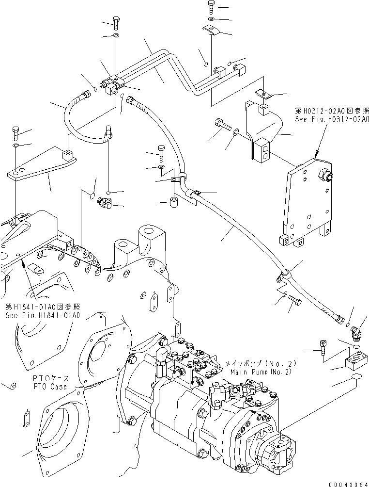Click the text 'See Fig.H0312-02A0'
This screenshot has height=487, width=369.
point(332,118)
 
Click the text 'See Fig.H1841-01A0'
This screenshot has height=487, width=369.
point(43,315)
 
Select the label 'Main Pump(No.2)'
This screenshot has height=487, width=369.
point(261,372)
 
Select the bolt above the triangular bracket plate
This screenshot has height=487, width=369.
point(16,132)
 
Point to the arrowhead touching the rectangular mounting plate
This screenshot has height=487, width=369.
point(315,156)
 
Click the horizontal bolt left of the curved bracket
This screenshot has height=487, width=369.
point(222,125)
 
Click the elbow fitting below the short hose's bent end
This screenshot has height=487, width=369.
point(104,200)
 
